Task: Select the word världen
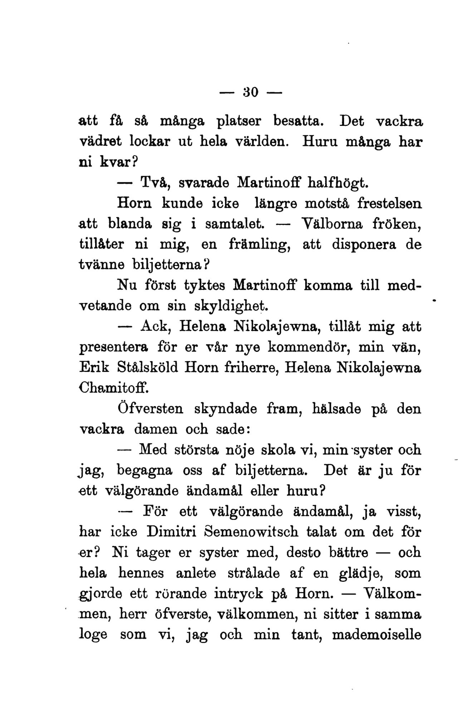pyautogui.click(x=261, y=143)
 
